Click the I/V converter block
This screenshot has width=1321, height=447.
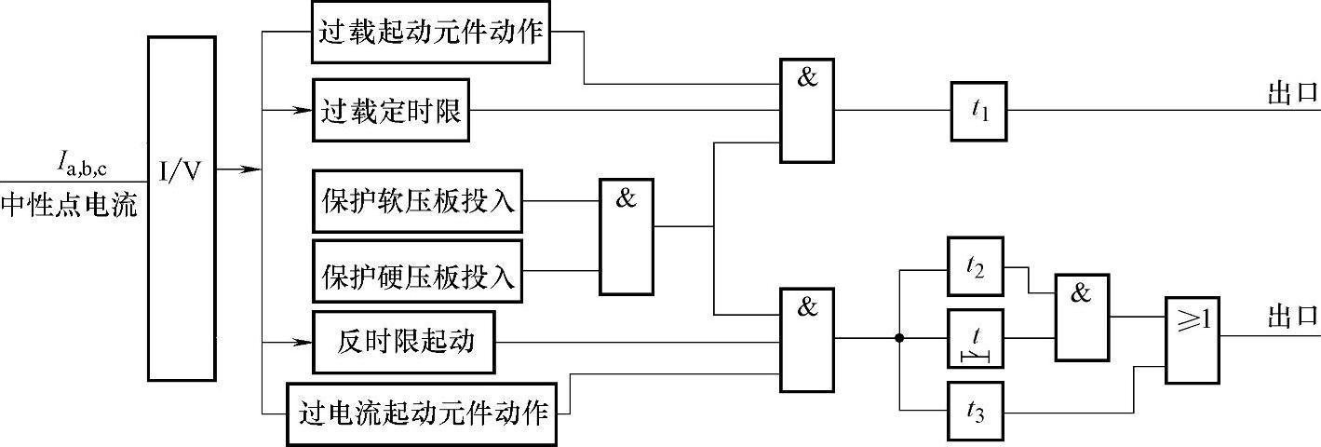point(182,208)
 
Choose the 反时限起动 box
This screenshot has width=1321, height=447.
point(404,343)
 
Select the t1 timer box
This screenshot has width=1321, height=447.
point(978,111)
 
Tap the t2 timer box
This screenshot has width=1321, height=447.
point(976,268)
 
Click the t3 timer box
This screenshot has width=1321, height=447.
point(976,411)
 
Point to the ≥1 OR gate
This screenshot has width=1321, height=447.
point(1193,341)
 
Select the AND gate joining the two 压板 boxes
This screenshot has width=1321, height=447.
point(627,237)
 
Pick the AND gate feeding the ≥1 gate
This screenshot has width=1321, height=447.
point(1081,317)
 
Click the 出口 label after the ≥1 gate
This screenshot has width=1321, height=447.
point(1293,318)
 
